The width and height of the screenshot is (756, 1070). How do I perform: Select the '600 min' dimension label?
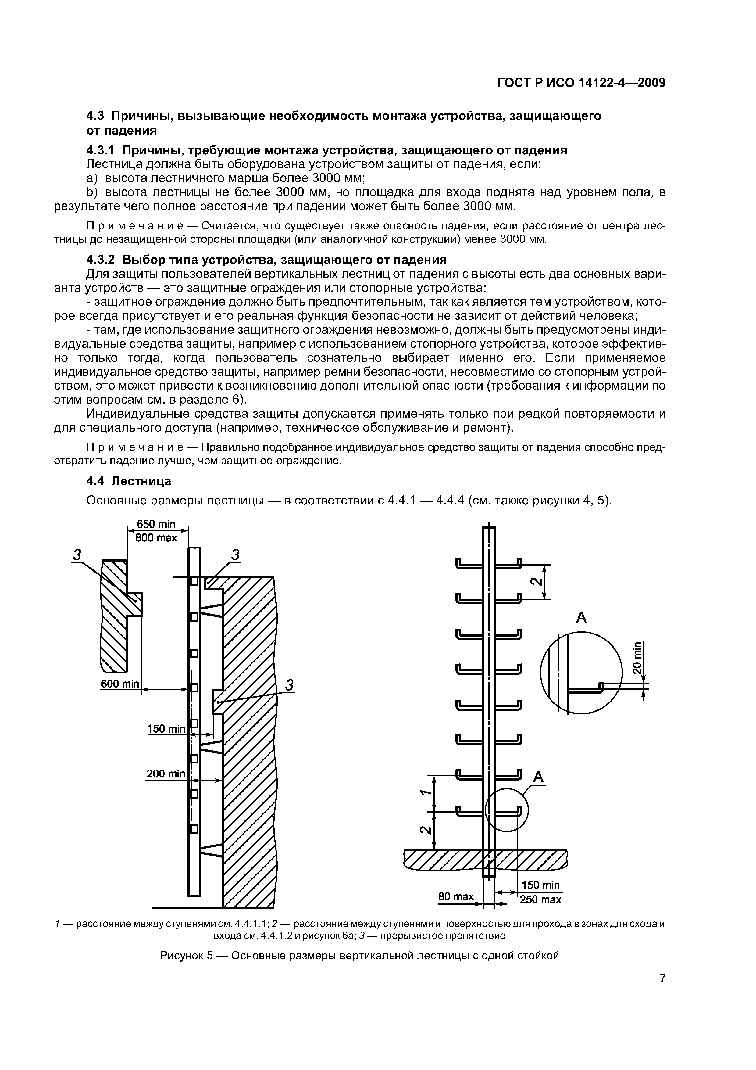tap(120, 684)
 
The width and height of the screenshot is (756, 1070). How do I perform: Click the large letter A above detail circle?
tap(581, 618)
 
